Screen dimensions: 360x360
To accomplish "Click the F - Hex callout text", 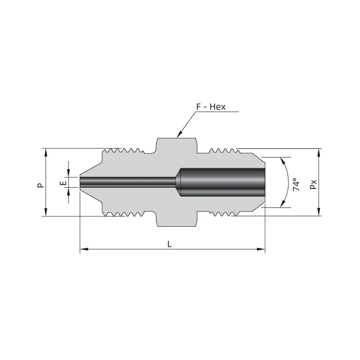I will click(x=211, y=107).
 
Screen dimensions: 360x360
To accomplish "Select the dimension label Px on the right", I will click(x=313, y=184).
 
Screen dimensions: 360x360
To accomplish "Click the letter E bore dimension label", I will click(x=63, y=183).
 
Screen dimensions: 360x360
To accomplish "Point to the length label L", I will click(x=169, y=244).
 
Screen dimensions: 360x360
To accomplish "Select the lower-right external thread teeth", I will click(x=223, y=214).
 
